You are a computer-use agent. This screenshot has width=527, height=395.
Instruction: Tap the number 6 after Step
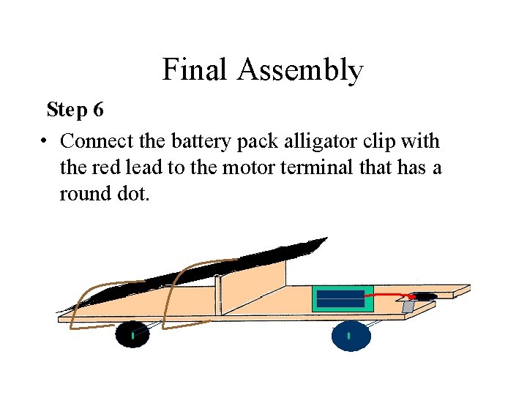click(98, 110)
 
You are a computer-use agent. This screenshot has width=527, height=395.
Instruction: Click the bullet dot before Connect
click(45, 141)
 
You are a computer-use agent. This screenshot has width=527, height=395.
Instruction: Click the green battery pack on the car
click(343, 298)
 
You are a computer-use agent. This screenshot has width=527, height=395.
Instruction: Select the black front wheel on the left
click(132, 334)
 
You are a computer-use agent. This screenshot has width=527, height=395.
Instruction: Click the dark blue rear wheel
click(349, 336)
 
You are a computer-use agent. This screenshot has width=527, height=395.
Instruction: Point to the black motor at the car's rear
click(424, 296)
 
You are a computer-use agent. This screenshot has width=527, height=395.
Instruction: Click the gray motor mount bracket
click(408, 306)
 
